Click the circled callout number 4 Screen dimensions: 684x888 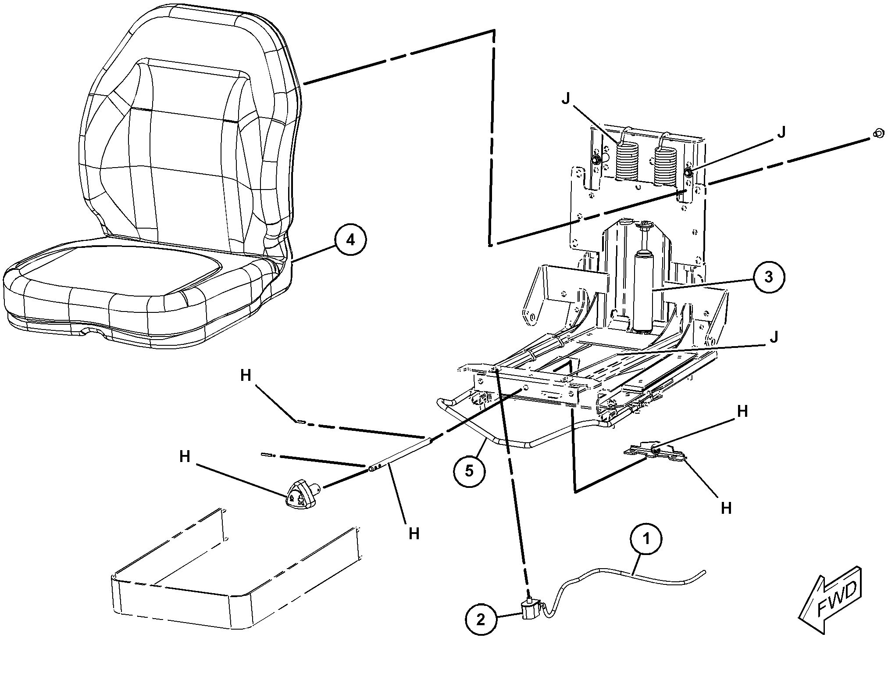click(x=350, y=241)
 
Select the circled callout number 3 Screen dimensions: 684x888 click(x=769, y=277)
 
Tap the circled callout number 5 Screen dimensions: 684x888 click(x=469, y=471)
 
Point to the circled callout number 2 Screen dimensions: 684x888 click(x=481, y=620)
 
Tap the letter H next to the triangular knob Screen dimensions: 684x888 click(x=185, y=457)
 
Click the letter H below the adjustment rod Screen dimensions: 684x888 click(x=414, y=534)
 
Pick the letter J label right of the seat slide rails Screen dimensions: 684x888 click(x=774, y=337)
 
